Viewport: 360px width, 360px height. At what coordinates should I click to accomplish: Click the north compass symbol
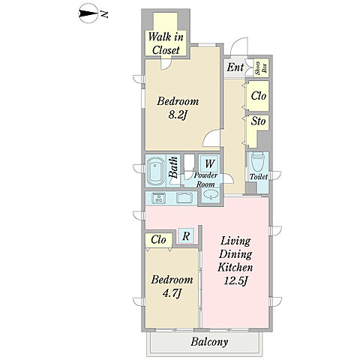pos(88,14)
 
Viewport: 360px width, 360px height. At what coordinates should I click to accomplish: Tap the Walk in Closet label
pos(166,43)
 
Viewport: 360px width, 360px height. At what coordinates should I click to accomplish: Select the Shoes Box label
pos(261,67)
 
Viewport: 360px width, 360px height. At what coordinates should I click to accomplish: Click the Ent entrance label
pos(235,67)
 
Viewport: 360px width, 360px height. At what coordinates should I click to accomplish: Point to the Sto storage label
pos(258,121)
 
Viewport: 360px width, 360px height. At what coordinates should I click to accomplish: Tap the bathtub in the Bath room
pos(155,171)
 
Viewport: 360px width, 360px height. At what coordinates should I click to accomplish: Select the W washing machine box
pos(210,163)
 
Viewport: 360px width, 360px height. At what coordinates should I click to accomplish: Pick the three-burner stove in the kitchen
pos(158,198)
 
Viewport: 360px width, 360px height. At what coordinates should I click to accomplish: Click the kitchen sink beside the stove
pos(184,198)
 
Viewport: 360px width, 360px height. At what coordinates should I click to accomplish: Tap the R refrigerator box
pos(186,236)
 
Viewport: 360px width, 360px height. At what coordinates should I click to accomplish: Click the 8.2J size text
pos(178,115)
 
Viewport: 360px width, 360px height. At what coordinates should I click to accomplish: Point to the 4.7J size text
pos(172,293)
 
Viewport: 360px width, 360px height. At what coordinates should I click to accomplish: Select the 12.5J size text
pos(235,281)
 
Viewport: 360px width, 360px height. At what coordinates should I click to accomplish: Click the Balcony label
pos(209,342)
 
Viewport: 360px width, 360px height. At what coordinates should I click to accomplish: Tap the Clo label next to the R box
pos(158,240)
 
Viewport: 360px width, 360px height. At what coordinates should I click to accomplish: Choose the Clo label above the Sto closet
pos(259,96)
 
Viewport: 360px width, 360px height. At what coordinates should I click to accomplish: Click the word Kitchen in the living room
pos(235,267)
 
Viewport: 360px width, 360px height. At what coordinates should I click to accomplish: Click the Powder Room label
pos(205,180)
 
